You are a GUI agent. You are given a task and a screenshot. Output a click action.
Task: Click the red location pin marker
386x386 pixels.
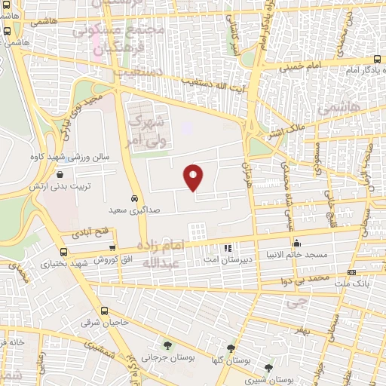(x=194, y=177)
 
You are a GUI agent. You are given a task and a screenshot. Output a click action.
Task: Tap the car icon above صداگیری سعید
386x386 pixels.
(x=134, y=198)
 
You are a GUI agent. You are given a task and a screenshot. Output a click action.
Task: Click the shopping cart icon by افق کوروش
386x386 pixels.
(x=112, y=248)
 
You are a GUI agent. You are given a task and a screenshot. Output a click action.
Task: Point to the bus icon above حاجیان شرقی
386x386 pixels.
(x=104, y=311)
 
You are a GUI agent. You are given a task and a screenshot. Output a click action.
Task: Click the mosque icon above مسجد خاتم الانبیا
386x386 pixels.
(x=297, y=243)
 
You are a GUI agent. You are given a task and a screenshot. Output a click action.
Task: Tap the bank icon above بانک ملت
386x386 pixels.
(x=351, y=272)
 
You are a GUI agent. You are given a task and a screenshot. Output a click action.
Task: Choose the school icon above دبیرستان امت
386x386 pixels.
(x=228, y=247)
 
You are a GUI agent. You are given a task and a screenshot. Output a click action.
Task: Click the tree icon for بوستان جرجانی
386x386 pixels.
(x=167, y=345)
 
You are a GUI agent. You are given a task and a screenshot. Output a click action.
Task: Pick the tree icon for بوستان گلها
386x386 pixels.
(x=231, y=349)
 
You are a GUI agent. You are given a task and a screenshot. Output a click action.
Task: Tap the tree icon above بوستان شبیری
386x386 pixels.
(x=269, y=368)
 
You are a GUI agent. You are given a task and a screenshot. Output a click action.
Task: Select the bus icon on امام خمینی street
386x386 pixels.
(x=376, y=59)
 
